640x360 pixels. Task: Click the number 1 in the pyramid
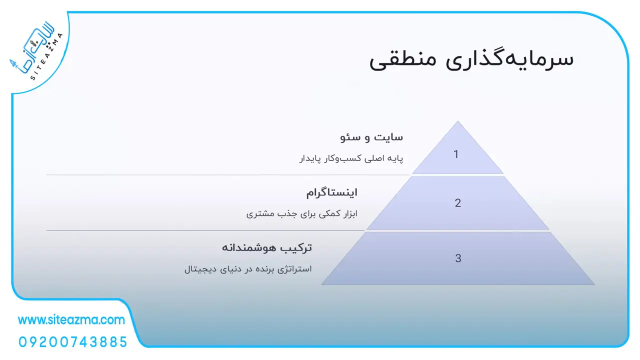[x=456, y=154]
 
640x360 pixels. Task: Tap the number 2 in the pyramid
[x=457, y=203]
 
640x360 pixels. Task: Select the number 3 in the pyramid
[x=458, y=258]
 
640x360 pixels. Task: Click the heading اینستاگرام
[x=331, y=193]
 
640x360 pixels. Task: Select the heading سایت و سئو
[x=371, y=137]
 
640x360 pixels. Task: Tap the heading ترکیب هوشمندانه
[x=267, y=247]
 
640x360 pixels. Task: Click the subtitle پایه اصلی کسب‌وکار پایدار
[x=351, y=158]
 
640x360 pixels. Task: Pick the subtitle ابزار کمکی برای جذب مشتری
[x=301, y=213]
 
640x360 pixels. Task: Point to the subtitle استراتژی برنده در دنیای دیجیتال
[x=248, y=269]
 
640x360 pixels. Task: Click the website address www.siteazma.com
[x=71, y=319]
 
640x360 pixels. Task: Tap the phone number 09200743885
[x=73, y=342]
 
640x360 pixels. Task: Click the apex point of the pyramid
[x=457, y=121]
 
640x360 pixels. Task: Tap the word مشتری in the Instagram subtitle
[x=257, y=213]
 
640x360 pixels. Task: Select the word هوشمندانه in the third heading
[x=249, y=247]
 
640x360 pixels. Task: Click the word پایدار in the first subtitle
[x=310, y=158]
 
